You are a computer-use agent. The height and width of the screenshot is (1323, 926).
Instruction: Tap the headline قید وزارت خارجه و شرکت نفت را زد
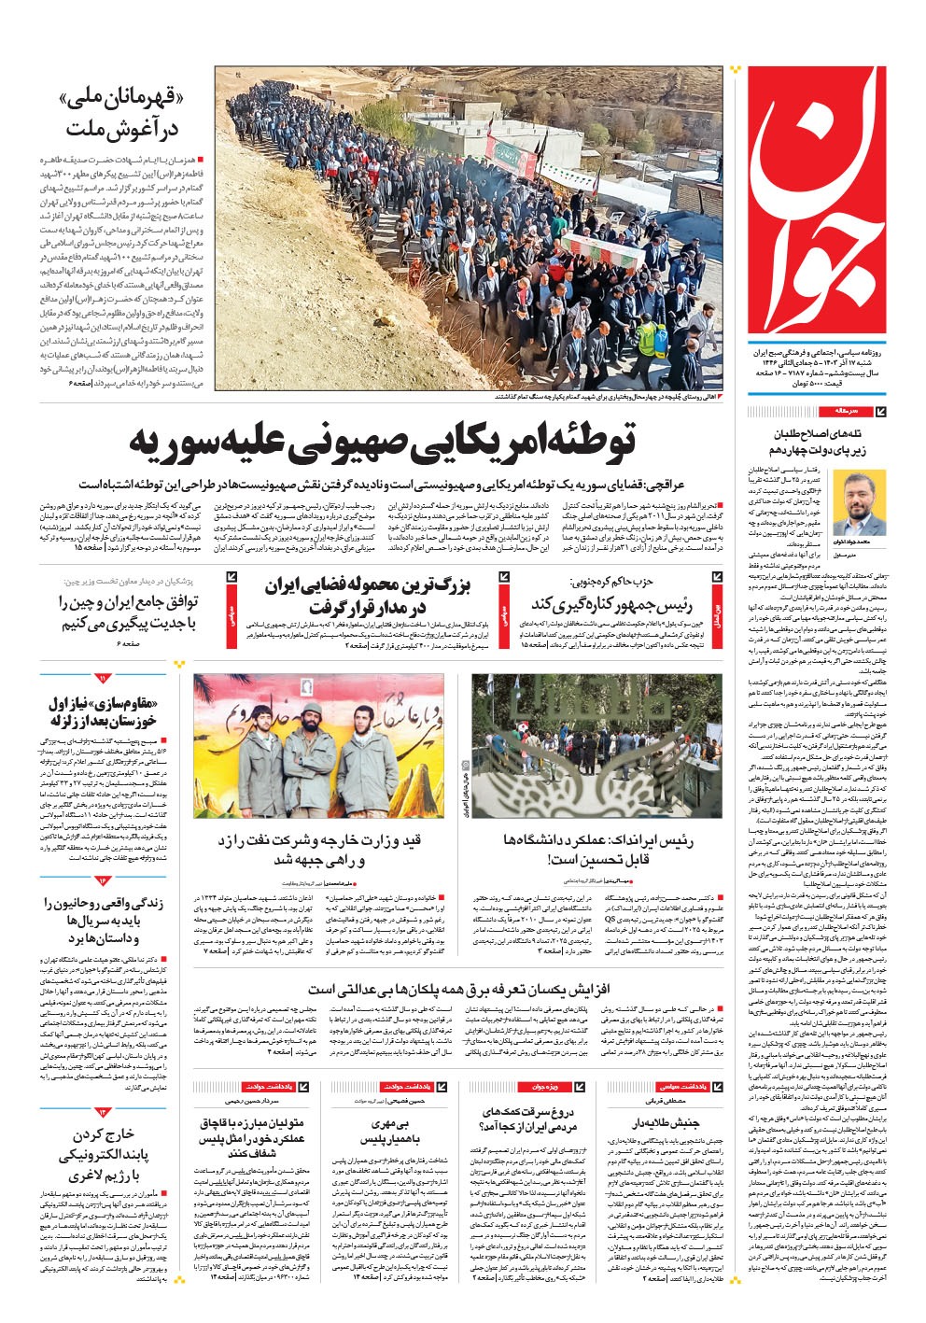click(322, 849)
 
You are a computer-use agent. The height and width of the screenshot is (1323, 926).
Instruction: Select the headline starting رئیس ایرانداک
click(598, 849)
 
